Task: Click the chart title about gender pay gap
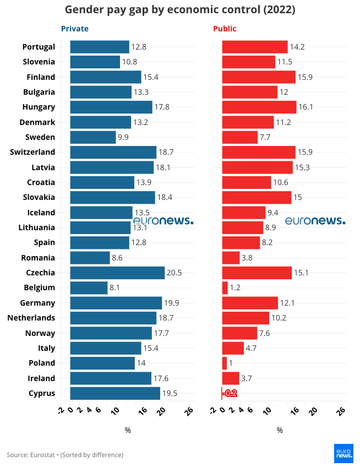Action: click(x=179, y=10)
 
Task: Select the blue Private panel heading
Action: click(x=74, y=29)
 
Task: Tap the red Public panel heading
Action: click(x=225, y=29)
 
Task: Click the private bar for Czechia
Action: click(x=117, y=273)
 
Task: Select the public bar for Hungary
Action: click(x=259, y=107)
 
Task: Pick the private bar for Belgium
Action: click(x=89, y=287)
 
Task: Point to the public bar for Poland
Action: click(x=225, y=363)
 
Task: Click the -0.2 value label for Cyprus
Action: click(x=230, y=393)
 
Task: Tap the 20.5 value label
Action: click(x=174, y=273)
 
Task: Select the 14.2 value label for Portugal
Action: click(x=297, y=47)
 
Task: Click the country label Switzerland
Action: click(x=32, y=152)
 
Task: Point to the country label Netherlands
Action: click(x=31, y=318)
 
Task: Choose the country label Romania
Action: click(x=38, y=258)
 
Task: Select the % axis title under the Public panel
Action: click(x=280, y=430)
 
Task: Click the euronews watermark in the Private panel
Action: click(x=163, y=221)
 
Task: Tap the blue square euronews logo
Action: click(x=343, y=452)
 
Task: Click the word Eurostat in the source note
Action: click(x=45, y=455)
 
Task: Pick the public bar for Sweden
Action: click(x=239, y=137)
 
